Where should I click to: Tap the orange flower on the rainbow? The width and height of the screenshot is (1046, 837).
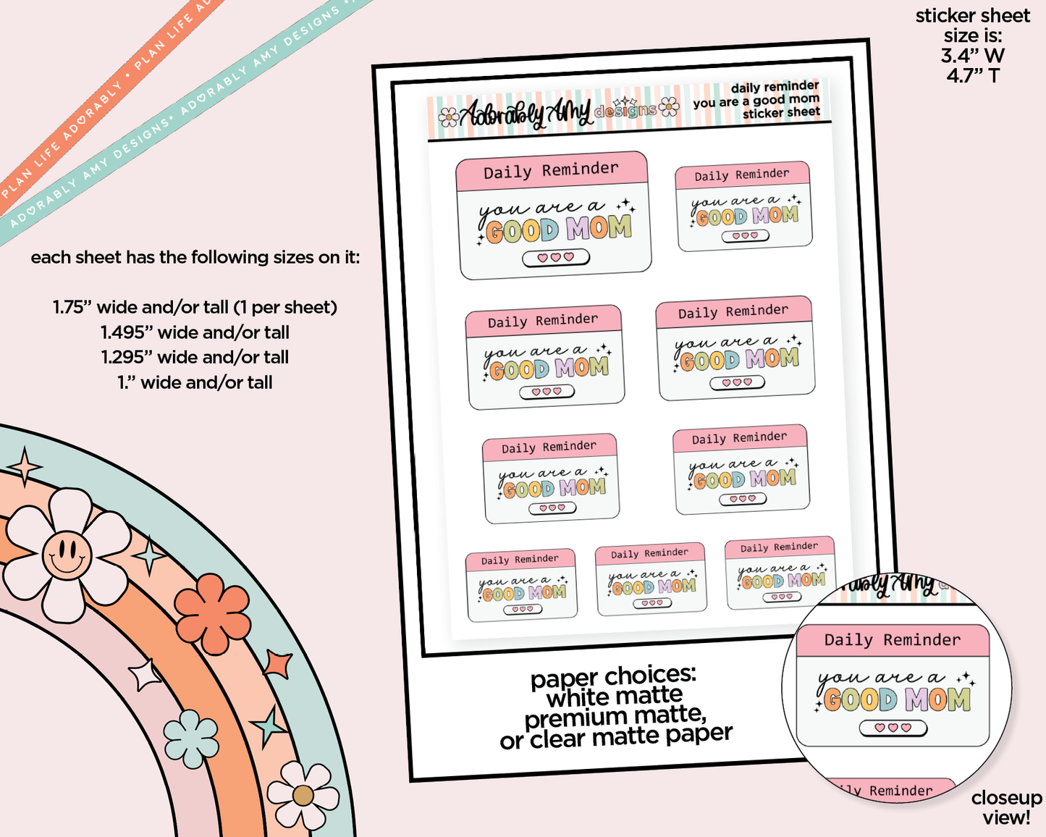tap(212, 613)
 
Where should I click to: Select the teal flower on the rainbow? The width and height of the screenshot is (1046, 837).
tap(191, 739)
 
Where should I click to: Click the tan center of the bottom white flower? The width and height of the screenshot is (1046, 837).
tap(303, 796)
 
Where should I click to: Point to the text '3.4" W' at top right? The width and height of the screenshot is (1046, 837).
tap(973, 56)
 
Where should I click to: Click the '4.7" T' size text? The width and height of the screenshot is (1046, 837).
tap(973, 76)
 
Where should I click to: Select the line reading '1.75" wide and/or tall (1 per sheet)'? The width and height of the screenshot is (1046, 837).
tap(195, 308)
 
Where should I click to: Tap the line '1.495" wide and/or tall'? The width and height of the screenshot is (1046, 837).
tap(195, 332)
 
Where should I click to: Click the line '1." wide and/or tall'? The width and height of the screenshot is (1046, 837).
tap(195, 383)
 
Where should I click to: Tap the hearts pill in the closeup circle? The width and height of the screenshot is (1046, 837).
tap(893, 728)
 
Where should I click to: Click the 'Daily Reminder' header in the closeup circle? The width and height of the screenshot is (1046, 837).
tap(893, 640)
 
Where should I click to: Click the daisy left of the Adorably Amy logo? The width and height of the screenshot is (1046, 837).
tap(448, 117)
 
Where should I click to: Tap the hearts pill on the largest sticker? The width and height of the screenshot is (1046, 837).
tap(556, 258)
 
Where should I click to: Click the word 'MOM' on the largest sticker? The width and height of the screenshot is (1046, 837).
tap(599, 227)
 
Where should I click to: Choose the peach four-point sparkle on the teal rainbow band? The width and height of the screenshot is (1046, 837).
tap(25, 467)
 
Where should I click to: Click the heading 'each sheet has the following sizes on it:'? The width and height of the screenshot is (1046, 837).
tap(195, 257)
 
